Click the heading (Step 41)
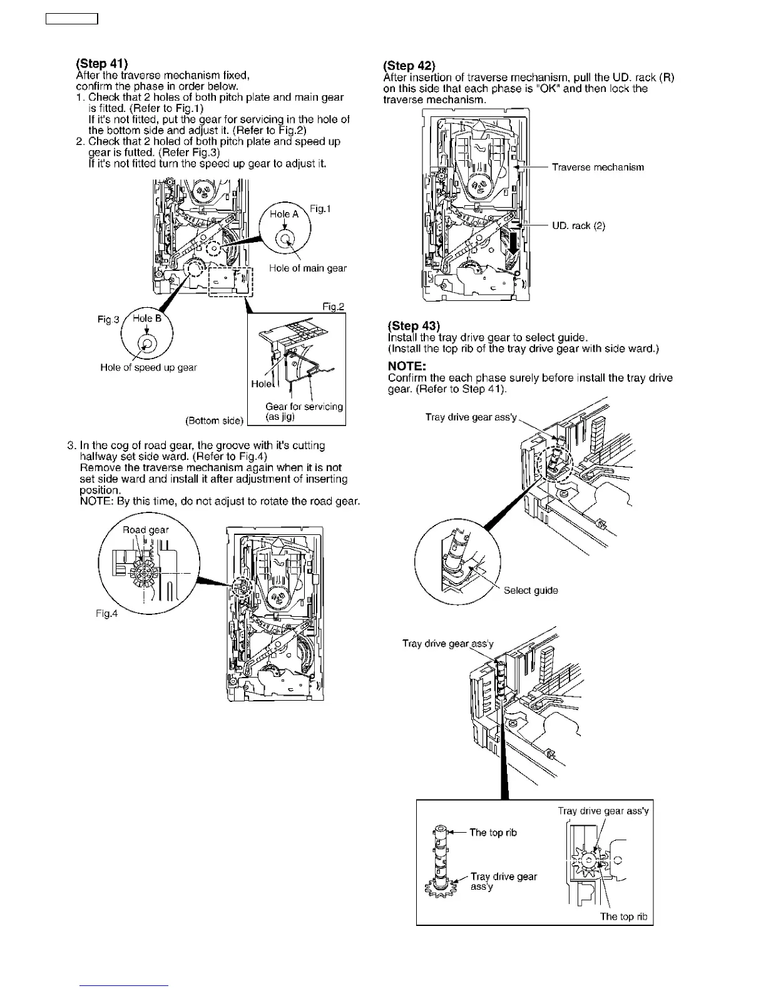[101, 63]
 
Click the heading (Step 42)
[409, 66]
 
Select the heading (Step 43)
[414, 325]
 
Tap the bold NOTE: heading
[407, 366]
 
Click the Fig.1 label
[320, 208]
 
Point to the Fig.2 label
[334, 307]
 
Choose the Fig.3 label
[108, 320]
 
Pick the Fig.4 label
[106, 613]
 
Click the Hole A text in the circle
[284, 214]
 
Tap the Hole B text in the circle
[147, 318]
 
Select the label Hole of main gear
[307, 268]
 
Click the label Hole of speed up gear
[148, 367]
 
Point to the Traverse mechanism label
[598, 167]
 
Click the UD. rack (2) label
[578, 226]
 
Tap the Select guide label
[531, 590]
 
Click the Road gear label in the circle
[145, 530]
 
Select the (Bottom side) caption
[214, 420]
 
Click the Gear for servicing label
[304, 407]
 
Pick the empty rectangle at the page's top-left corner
[72, 19]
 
